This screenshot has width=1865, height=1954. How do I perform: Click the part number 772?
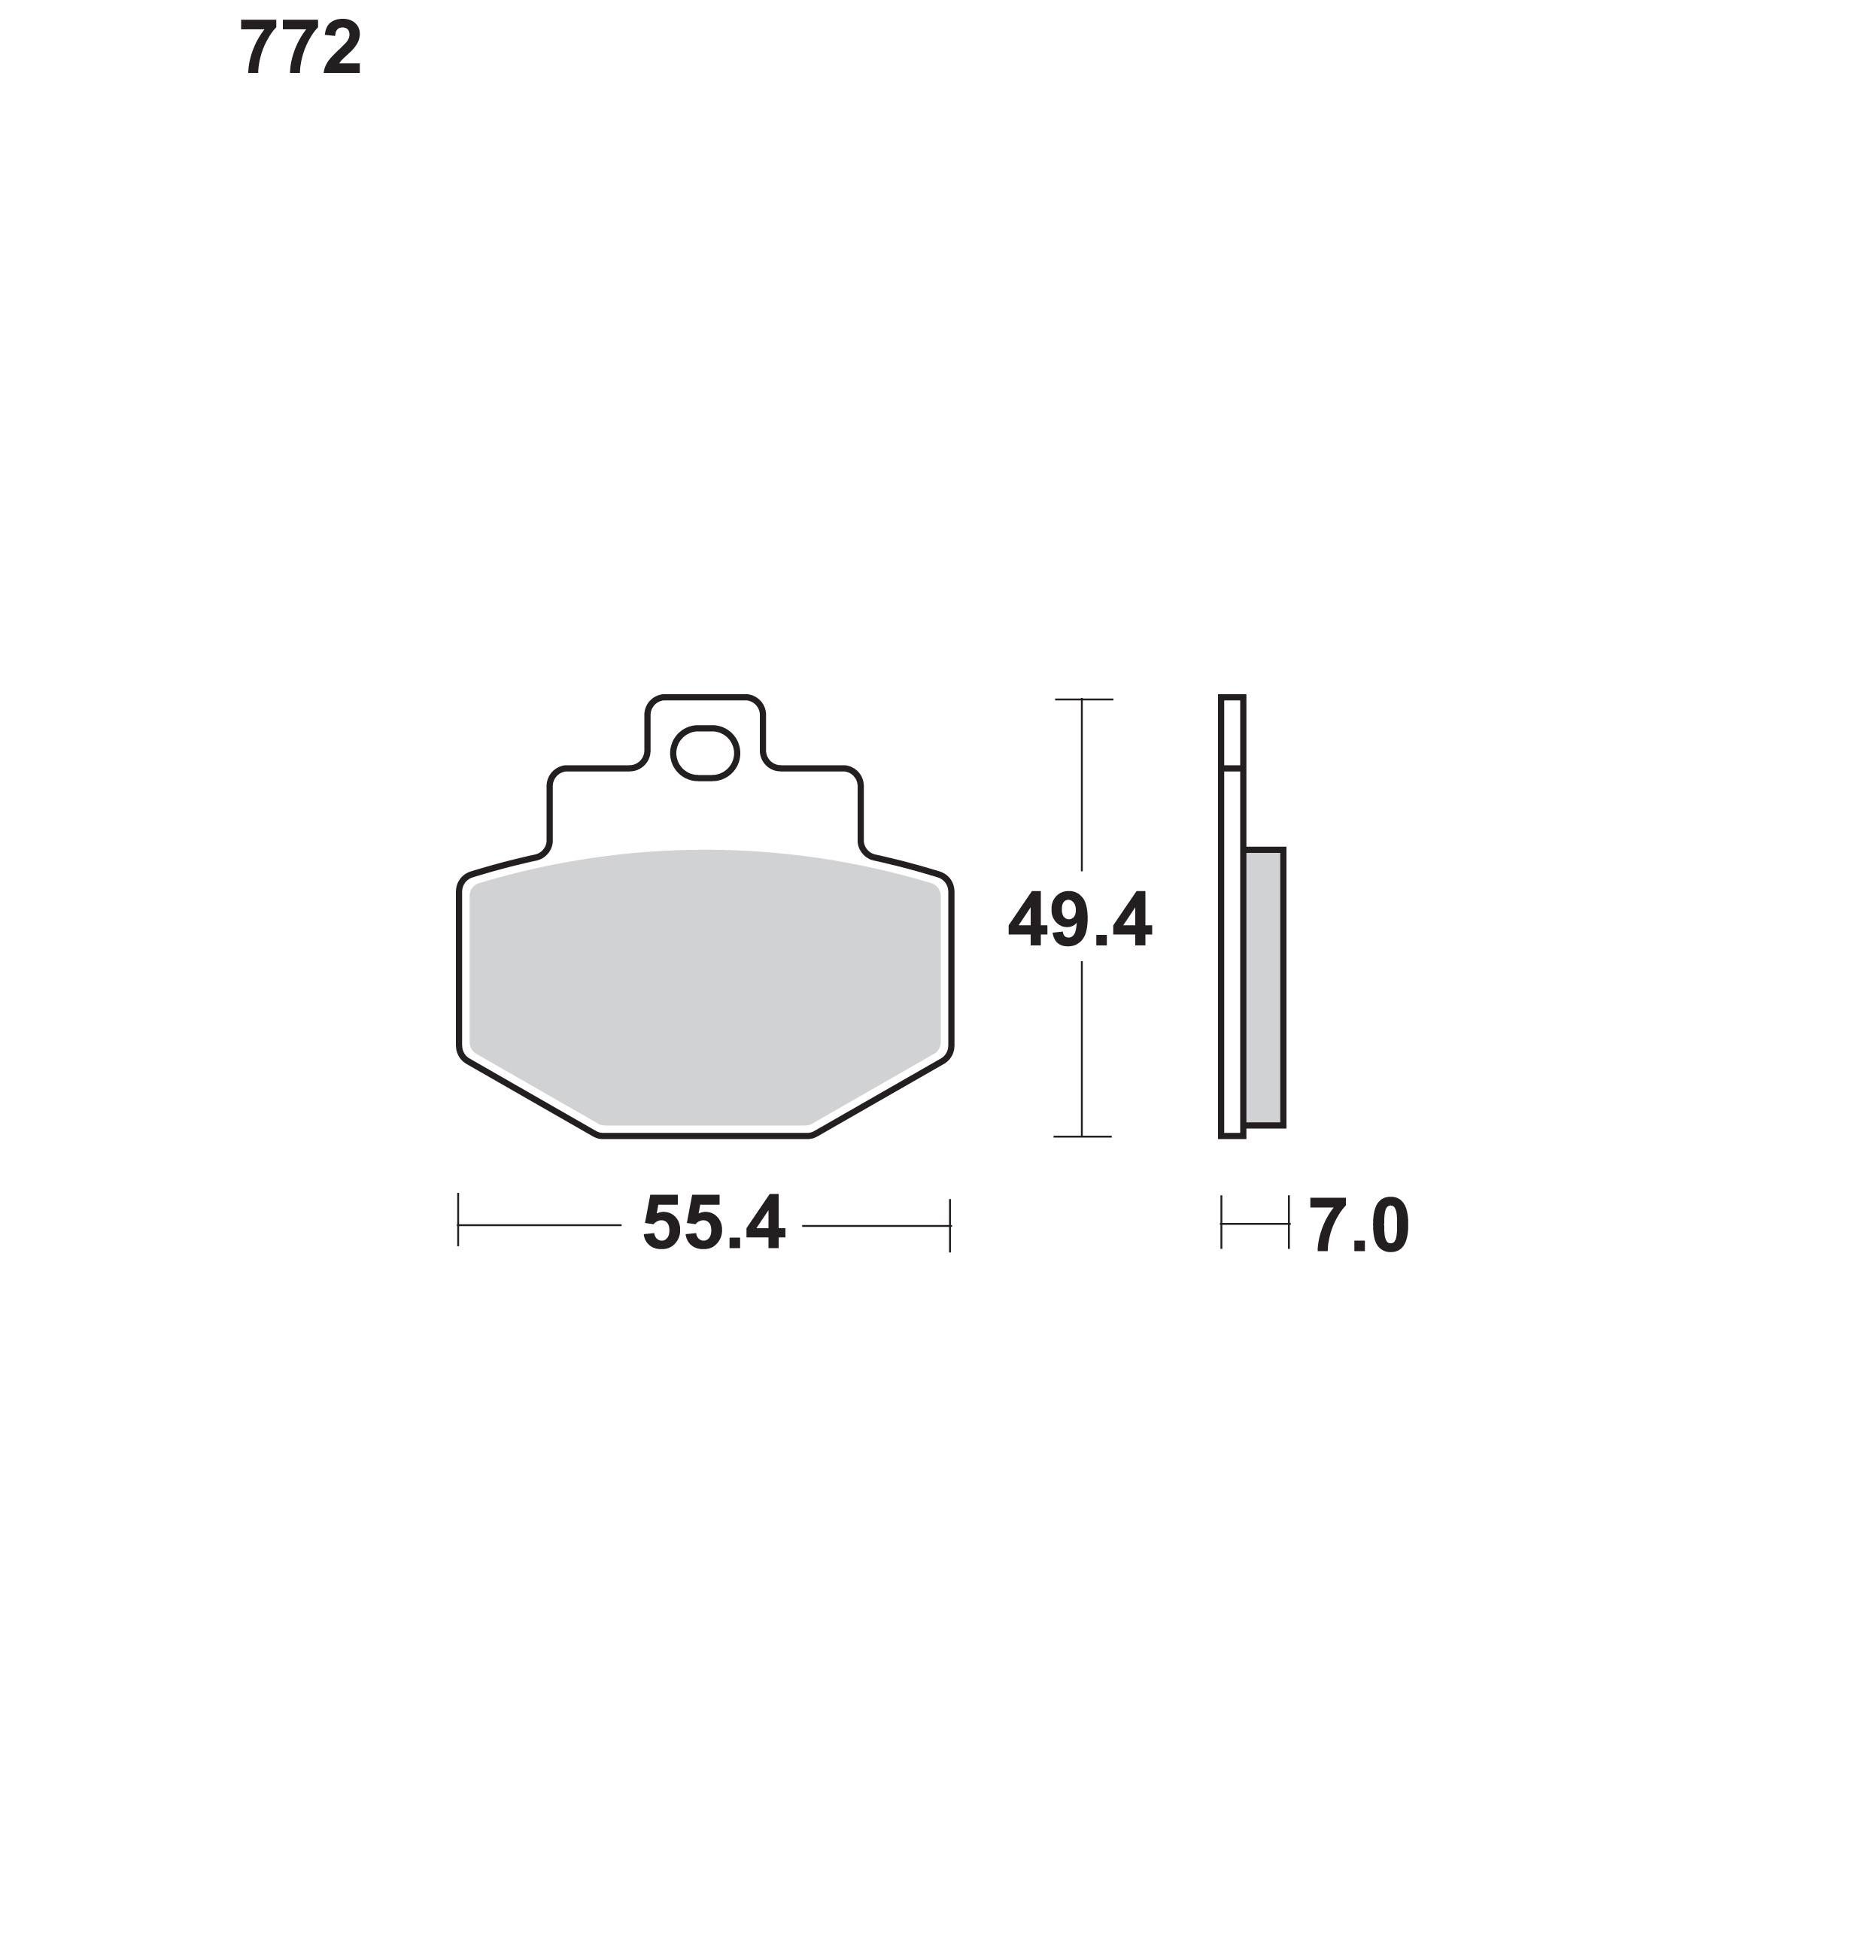point(300,47)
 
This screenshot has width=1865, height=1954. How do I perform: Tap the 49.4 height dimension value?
point(1080,919)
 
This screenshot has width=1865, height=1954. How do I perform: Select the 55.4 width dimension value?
point(714,1221)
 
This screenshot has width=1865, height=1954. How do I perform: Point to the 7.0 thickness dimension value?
point(1358,1225)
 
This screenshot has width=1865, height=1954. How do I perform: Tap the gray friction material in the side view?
point(1264,987)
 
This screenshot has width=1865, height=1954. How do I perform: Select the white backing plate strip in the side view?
point(1232,915)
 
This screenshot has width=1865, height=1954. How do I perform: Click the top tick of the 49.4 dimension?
point(1083,699)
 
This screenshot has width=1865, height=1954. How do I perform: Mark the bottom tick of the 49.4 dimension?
point(1082,1136)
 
